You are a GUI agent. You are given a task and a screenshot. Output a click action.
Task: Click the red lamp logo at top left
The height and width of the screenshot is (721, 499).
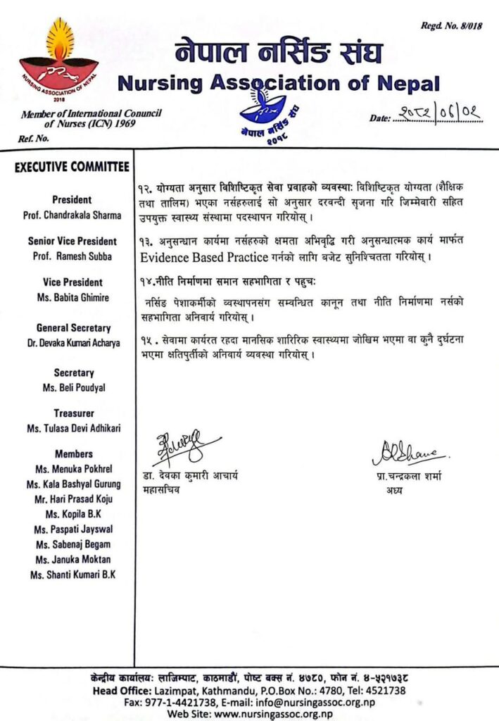pos(59,63)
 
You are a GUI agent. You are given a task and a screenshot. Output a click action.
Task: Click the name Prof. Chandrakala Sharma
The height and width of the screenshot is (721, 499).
pos(72,215)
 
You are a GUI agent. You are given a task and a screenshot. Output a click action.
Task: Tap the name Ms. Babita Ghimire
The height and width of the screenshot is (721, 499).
pos(72,298)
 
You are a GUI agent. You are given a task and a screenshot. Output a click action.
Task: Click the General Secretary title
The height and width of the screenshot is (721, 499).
pos(72,328)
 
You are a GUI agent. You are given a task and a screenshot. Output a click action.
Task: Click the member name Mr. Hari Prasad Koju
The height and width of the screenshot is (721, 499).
pos(72,499)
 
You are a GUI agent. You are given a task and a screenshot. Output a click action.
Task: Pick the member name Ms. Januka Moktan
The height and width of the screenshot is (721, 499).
pos(72,559)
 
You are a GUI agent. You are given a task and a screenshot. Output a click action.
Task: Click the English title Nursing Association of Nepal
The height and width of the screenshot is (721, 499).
pos(279,84)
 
